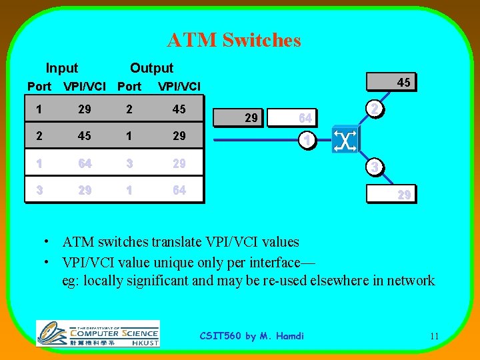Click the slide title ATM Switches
(x=234, y=41)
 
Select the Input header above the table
(x=61, y=68)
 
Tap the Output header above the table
(x=151, y=68)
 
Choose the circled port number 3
(x=375, y=167)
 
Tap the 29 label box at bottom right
(x=403, y=195)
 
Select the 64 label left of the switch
(x=305, y=118)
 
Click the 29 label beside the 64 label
(x=251, y=118)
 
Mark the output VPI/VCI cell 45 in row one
(x=179, y=109)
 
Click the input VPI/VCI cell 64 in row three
(x=84, y=163)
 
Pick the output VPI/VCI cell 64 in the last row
(x=179, y=190)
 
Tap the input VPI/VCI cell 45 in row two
(x=84, y=136)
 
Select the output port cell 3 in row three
(x=129, y=163)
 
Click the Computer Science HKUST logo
(x=97, y=333)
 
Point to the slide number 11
(x=434, y=336)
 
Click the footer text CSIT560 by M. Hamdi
(x=252, y=336)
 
